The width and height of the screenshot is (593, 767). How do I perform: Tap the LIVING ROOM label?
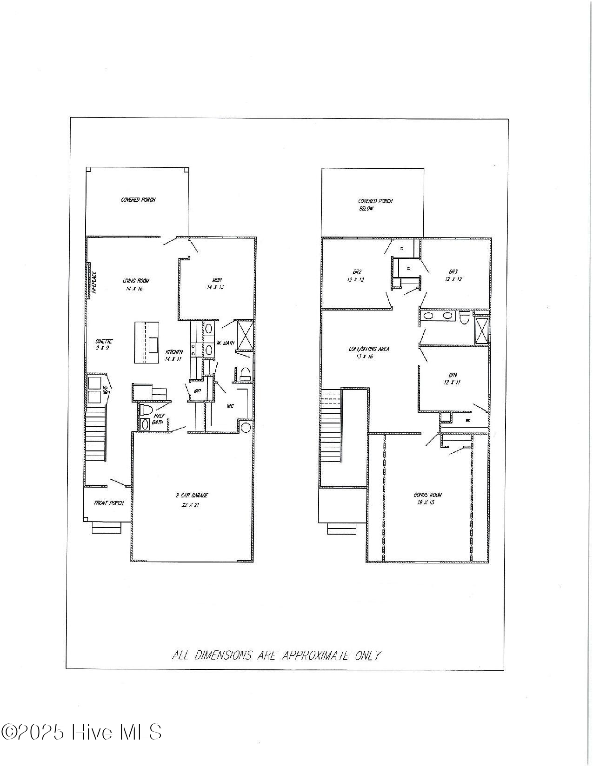[x=136, y=281]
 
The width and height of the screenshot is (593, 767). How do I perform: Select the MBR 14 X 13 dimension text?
[x=215, y=287]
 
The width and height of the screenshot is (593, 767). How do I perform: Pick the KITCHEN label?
[x=174, y=352]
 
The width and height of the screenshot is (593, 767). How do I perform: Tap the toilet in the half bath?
[x=147, y=410]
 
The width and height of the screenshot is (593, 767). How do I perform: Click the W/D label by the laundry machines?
[x=106, y=390]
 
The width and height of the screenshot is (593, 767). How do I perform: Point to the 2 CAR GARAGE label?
[x=192, y=496]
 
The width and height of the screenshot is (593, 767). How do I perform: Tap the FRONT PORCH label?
[x=109, y=503]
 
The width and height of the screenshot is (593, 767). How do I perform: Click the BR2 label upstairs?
[x=357, y=272]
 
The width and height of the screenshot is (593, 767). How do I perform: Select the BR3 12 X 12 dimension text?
[x=453, y=279]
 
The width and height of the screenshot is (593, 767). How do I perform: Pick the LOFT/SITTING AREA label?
[x=369, y=349]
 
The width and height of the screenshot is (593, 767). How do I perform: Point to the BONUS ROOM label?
[x=428, y=495]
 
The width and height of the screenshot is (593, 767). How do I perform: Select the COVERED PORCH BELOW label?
[x=375, y=205]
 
